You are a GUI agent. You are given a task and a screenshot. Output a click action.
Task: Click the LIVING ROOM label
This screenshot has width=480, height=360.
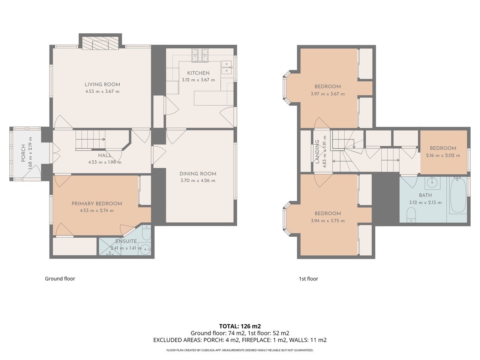[x=102, y=84]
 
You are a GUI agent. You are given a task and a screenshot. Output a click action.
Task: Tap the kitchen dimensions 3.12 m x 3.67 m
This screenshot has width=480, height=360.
[x=198, y=80]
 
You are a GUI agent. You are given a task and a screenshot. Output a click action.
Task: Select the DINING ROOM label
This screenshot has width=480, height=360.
[x=198, y=174]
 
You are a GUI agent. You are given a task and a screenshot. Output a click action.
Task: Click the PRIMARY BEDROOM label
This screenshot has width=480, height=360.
[x=97, y=204]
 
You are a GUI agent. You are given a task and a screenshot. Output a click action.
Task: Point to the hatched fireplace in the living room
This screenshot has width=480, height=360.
[x=100, y=43]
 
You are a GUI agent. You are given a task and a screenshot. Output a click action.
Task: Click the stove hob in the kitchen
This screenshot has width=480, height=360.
[x=200, y=55]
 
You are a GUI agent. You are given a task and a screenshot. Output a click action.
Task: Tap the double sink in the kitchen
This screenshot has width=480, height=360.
[x=227, y=67]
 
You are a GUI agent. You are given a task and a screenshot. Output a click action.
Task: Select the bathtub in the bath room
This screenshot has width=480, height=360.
[x=458, y=195]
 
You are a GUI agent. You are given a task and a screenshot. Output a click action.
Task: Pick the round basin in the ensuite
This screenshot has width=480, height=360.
[x=145, y=249]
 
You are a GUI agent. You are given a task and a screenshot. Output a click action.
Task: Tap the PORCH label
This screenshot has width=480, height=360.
[x=23, y=153]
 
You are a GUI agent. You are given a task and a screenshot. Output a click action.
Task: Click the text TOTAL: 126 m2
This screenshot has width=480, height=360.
[x=240, y=326]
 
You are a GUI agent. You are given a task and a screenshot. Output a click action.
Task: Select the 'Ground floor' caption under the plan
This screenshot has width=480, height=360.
[x=60, y=279]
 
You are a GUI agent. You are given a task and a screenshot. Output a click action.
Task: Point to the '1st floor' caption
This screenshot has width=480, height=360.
[x=308, y=279]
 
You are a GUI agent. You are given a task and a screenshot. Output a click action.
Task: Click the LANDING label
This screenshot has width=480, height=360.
[x=317, y=152]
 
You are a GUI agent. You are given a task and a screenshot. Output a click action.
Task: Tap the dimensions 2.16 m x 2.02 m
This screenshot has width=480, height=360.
[x=443, y=156]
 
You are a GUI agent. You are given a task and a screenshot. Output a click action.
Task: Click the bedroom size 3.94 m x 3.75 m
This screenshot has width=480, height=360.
[x=328, y=221]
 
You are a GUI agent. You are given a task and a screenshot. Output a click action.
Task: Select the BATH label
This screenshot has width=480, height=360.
[x=425, y=195]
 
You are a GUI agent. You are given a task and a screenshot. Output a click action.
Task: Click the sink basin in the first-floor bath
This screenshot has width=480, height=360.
[x=432, y=183]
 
